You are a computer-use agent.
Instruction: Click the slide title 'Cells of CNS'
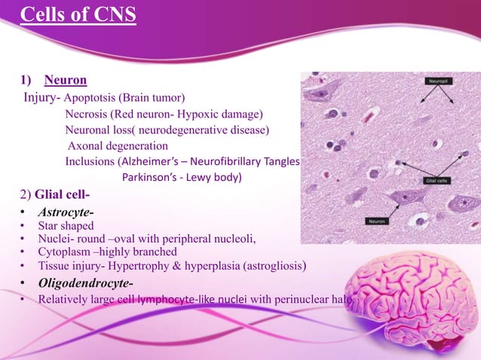[78, 15]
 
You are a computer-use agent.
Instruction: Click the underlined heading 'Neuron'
[66, 80]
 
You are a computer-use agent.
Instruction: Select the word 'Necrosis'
[87, 114]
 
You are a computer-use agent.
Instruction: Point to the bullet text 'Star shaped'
[66, 226]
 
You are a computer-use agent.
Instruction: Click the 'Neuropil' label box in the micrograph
[438, 79]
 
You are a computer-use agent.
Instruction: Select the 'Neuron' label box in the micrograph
[378, 221]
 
